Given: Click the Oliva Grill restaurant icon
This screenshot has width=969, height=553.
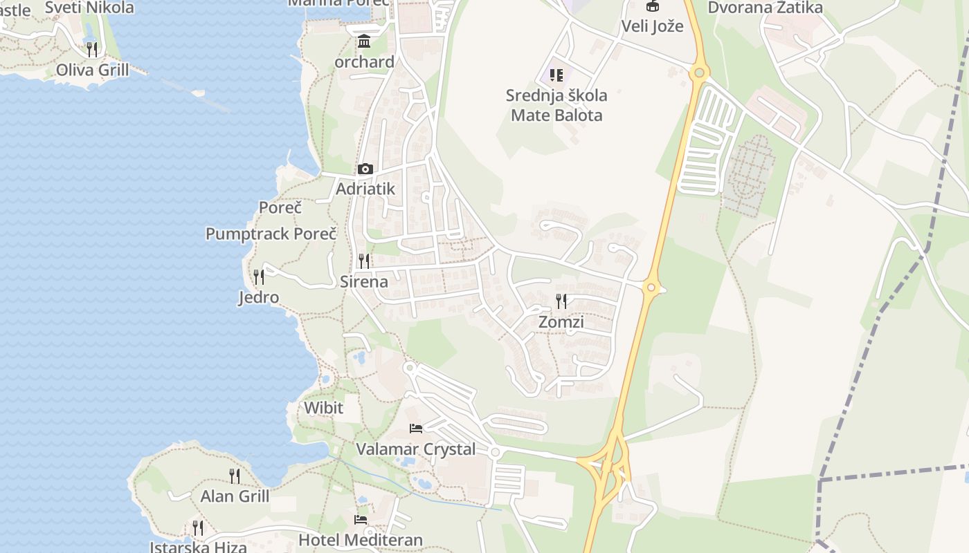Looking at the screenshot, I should (91, 49).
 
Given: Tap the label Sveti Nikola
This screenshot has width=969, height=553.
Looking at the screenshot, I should (89, 8).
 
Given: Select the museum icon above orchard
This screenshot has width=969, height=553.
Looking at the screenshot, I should (364, 41).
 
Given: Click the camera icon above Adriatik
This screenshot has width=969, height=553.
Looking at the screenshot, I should (365, 169).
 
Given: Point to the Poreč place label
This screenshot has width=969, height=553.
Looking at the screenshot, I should (280, 207).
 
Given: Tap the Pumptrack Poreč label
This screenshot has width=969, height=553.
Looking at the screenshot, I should (271, 234).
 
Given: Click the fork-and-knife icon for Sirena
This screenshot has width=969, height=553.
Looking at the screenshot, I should (363, 261).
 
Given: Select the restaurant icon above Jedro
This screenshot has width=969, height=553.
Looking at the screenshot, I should (258, 277).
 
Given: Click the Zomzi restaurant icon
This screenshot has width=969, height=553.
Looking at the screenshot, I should (561, 301).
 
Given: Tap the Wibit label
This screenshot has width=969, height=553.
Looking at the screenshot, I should (323, 408).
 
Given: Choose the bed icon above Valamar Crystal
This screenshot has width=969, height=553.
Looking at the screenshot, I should (415, 429).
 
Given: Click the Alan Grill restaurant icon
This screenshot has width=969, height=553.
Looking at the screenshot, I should (235, 476).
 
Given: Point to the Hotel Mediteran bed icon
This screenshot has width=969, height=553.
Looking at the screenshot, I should (360, 519).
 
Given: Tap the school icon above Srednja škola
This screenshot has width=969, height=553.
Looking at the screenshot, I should (556, 75).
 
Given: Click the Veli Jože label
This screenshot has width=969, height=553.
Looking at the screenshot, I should (652, 26).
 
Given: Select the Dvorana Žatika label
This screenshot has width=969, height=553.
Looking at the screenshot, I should (765, 8).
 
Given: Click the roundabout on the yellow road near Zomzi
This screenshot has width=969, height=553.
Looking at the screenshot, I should (651, 287).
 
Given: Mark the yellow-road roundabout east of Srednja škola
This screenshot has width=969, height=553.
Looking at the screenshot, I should (699, 71).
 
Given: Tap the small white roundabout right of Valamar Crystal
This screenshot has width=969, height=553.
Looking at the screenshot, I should (494, 452).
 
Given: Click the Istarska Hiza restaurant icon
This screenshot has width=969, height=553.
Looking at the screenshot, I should (198, 528).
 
